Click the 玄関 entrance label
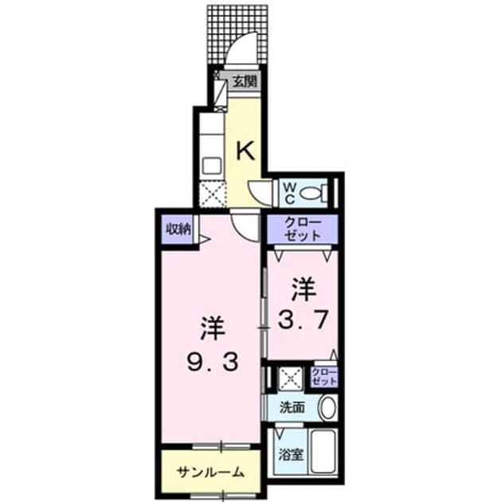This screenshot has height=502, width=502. pos(245,81)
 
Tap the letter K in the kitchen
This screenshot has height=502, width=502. pos(245,151)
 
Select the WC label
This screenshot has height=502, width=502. pos(289,194)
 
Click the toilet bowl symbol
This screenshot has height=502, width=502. pos(311,194)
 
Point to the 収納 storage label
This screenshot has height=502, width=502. pos(178,229)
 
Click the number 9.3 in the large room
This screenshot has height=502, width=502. pos(212,363)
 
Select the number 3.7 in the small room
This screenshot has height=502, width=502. pos(302,320)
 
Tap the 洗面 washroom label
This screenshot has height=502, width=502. pos(292,407)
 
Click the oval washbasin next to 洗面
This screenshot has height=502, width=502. pos(328,408)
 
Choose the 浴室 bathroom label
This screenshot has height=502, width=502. pos(290,455)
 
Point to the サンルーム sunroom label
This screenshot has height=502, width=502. pos(210,472)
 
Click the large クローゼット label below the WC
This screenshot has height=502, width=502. pos(302,229)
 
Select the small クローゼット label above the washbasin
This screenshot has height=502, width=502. pos(324,376)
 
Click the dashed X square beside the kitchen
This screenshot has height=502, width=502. pos(212,194)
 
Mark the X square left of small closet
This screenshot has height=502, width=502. pos(291,378)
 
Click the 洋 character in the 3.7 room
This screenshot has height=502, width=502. pos(303,290)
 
